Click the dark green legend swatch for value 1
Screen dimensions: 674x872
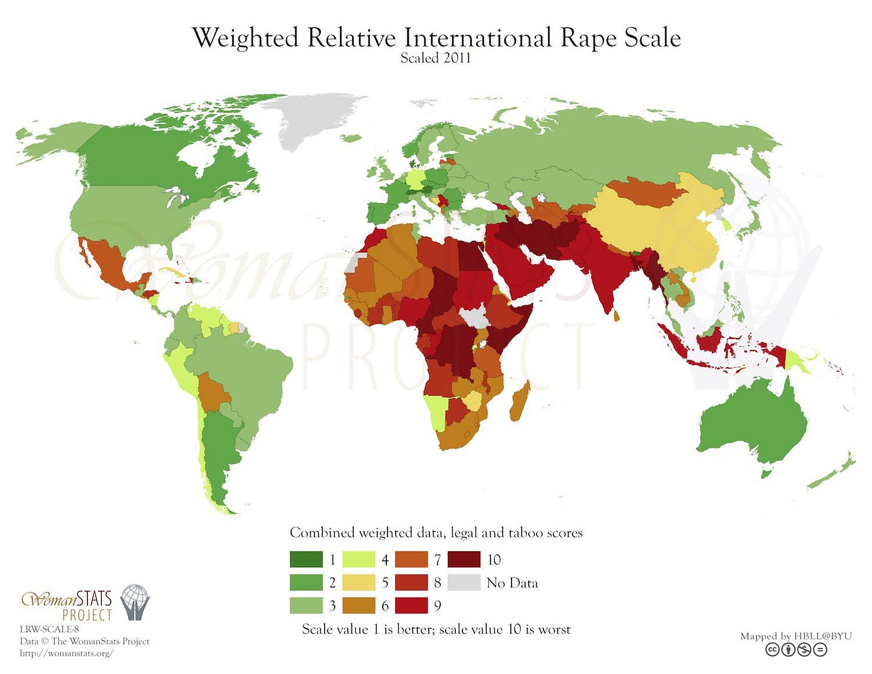tap(306, 559)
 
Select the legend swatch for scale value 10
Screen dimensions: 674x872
tap(464, 559)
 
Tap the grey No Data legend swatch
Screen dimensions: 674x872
tap(464, 582)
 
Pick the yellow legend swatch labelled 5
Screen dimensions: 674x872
tap(359, 582)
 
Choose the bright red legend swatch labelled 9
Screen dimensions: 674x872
tap(411, 605)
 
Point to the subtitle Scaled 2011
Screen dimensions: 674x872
tap(435, 58)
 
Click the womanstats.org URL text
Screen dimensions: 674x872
tap(66, 653)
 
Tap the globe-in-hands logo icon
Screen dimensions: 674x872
tap(135, 602)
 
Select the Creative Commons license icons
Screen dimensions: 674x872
tap(796, 649)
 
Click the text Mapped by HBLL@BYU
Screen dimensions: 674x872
tap(795, 636)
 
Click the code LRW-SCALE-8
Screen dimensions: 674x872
tap(49, 629)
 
